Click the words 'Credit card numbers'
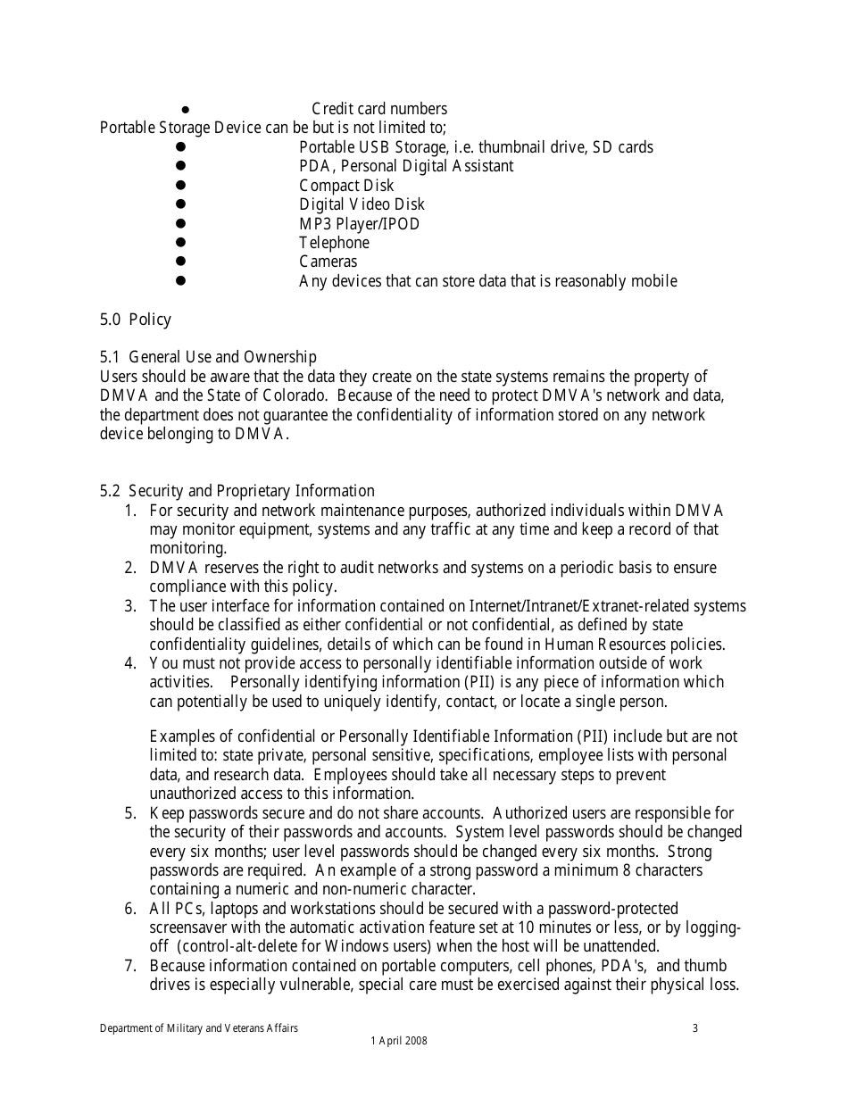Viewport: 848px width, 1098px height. coord(379,109)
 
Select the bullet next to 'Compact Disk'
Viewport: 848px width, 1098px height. coord(179,186)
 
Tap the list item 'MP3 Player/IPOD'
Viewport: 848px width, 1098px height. coord(359,224)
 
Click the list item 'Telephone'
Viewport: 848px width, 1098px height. coord(334,243)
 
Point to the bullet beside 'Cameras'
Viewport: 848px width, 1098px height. coord(179,262)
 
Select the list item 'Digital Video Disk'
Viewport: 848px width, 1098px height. coord(362,204)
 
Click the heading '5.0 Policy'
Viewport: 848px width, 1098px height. coord(135,320)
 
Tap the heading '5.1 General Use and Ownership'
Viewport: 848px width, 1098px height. coord(208,358)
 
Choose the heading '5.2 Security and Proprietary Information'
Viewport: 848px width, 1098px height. coord(237,491)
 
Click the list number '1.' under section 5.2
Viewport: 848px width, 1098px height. coord(130,511)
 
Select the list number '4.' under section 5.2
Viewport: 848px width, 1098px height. coord(130,663)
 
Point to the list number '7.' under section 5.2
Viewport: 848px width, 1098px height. coord(130,966)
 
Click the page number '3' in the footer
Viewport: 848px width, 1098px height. coord(695,1028)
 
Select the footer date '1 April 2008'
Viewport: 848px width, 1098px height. coord(398,1041)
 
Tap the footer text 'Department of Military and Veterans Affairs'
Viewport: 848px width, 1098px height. coord(199,1028)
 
